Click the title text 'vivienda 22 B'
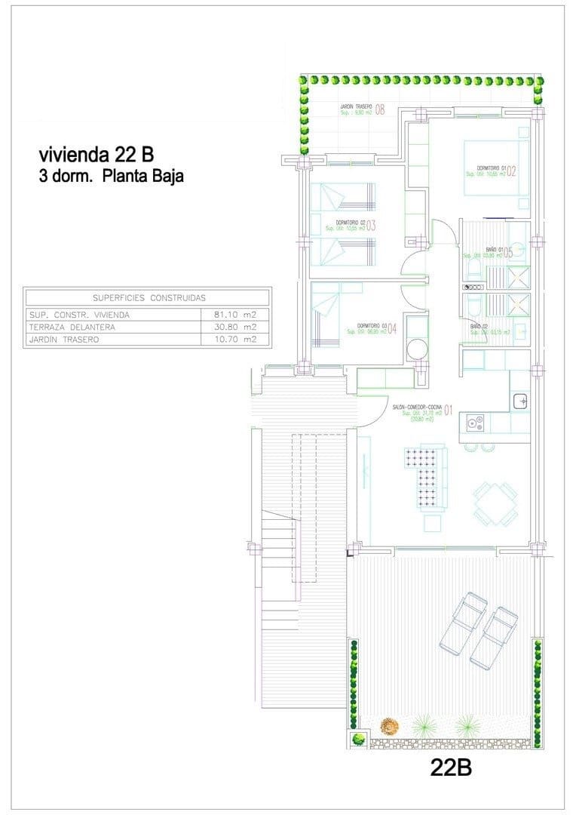point(96,155)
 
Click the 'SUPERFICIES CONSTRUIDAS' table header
point(148,298)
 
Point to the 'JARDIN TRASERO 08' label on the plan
point(362,109)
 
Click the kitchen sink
point(520,401)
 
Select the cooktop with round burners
point(475,423)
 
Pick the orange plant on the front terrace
point(388,726)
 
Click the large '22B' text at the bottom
point(451,767)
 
